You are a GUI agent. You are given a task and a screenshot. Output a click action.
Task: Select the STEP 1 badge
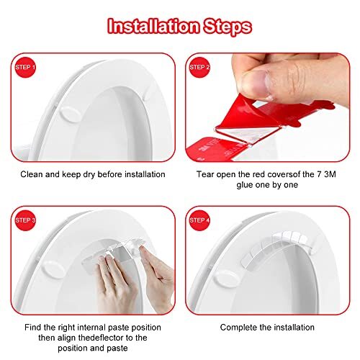coord(26,68)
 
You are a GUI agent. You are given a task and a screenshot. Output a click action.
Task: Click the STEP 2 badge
coord(199,68)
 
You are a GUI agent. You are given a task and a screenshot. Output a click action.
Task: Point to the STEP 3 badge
coord(26,220)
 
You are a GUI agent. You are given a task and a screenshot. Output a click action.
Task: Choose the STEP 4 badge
coord(199,220)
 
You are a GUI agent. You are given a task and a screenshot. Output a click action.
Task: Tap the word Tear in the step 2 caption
coord(205,174)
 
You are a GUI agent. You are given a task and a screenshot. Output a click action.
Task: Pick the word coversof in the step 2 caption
coord(283,174)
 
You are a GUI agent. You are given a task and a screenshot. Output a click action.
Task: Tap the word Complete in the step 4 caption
coord(238,327)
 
